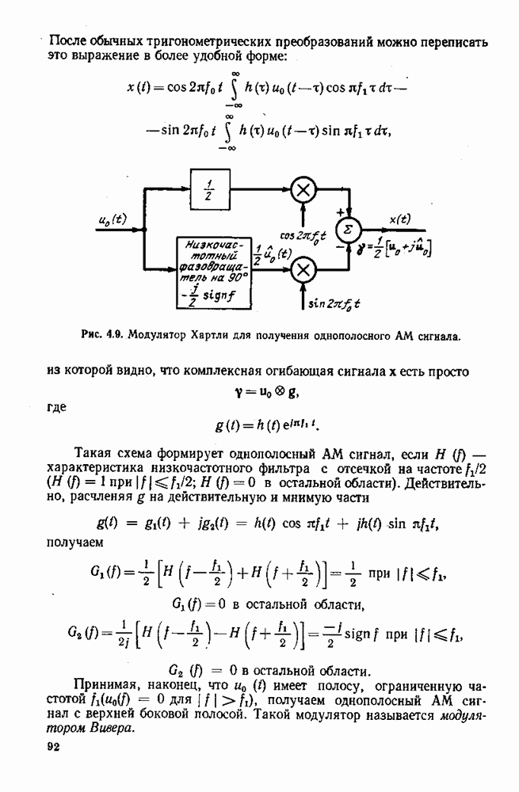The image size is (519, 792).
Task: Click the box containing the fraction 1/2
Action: tap(210, 189)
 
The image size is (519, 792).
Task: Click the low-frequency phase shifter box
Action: tap(214, 272)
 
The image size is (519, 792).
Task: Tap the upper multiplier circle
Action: tap(303, 190)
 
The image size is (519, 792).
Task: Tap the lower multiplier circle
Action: tap(303, 269)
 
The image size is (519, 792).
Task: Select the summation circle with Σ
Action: tap(348, 230)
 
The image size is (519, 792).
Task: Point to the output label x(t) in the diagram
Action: tap(399, 219)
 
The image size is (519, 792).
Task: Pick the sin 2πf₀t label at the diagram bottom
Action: tap(334, 303)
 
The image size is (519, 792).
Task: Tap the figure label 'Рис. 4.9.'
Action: tap(102, 335)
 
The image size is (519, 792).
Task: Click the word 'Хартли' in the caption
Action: tap(196, 335)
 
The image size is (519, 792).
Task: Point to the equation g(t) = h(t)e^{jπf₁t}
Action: tap(268, 425)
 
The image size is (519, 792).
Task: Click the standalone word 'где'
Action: tap(56, 407)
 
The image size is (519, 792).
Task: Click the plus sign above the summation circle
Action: tap(341, 212)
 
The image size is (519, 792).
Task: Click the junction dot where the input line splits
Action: tap(145, 230)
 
